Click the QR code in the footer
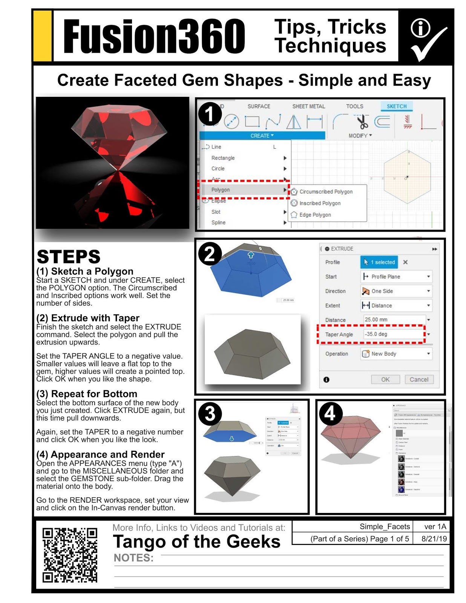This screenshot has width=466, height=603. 70,555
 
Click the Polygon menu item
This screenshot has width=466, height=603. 221,190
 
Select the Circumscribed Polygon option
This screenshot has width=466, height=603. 326,191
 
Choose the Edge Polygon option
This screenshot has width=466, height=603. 315,215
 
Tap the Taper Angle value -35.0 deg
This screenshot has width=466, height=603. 394,334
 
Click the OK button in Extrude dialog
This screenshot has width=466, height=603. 385,380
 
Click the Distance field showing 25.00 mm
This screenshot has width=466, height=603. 394,319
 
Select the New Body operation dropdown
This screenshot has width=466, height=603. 396,354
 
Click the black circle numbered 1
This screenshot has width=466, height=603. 210,114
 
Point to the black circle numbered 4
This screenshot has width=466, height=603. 330,413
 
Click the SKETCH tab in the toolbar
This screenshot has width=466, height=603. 397,106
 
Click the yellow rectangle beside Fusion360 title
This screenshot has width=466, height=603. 43,36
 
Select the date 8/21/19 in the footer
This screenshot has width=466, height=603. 434,539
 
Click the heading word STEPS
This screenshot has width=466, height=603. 69,257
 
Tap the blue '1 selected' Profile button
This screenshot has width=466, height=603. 379,262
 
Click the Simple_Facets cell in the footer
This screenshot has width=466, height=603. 384,526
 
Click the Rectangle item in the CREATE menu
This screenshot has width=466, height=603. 223,158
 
